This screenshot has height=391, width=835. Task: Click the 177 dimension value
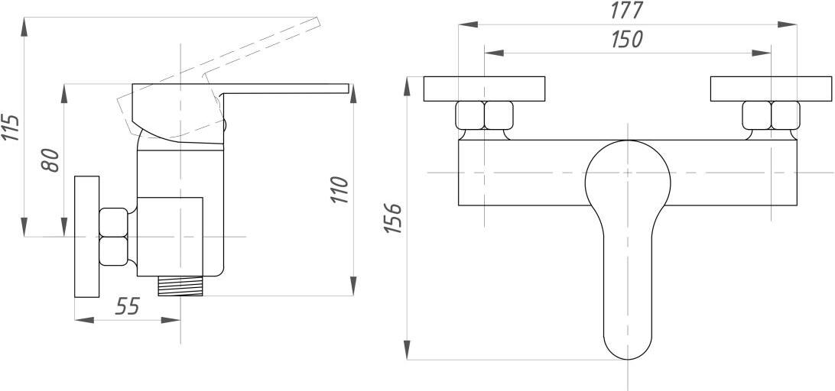click(627, 10)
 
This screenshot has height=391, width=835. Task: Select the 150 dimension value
click(627, 40)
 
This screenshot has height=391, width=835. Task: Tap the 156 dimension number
click(393, 218)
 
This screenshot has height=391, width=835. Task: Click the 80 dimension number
click(50, 160)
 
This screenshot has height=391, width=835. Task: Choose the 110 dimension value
click(340, 189)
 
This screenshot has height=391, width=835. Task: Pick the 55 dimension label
click(127, 306)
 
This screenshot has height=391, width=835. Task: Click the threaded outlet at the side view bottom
click(180, 286)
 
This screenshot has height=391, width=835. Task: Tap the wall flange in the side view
click(87, 237)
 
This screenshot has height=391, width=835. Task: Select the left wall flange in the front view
click(484, 89)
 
